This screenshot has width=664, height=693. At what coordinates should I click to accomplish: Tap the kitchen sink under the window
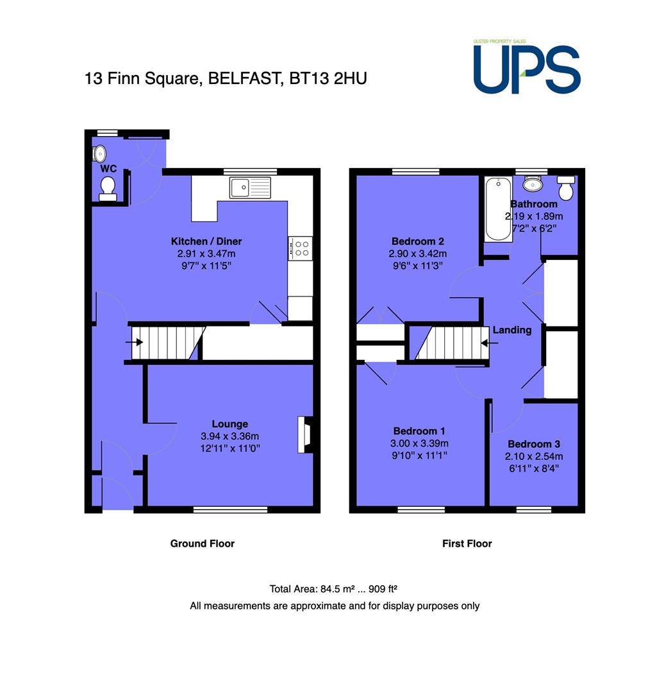coord(250,187)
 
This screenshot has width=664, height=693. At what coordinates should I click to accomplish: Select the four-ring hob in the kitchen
coord(300,248)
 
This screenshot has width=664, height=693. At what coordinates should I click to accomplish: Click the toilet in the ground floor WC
coord(108,189)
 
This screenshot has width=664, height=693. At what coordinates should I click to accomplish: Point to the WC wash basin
coord(99,154)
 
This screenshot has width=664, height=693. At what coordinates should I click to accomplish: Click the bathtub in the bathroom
coord(498,209)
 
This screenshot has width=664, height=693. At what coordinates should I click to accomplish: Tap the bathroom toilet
coord(566,187)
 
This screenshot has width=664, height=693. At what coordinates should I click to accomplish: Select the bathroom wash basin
coord(533,183)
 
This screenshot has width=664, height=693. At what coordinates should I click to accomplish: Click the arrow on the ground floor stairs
coord(134,342)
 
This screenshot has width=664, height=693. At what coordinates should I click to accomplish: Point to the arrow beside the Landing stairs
coord(490,343)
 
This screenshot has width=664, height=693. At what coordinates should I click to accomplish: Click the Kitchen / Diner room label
coord(206,241)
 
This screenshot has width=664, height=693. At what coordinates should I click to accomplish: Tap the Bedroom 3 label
coord(534,444)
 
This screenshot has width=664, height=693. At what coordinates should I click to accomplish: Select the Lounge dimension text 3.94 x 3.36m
coord(230,436)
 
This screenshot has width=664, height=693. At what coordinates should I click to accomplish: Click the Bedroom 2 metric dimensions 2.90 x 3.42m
coord(418,253)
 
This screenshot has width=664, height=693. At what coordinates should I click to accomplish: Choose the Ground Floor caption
coord(202,543)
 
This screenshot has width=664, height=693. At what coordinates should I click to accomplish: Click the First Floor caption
coord(467,543)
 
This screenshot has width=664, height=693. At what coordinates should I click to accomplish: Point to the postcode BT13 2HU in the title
coord(328,78)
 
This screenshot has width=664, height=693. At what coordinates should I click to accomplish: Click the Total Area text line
coord(333,588)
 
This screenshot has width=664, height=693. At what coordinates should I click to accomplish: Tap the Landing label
coord(512,330)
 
